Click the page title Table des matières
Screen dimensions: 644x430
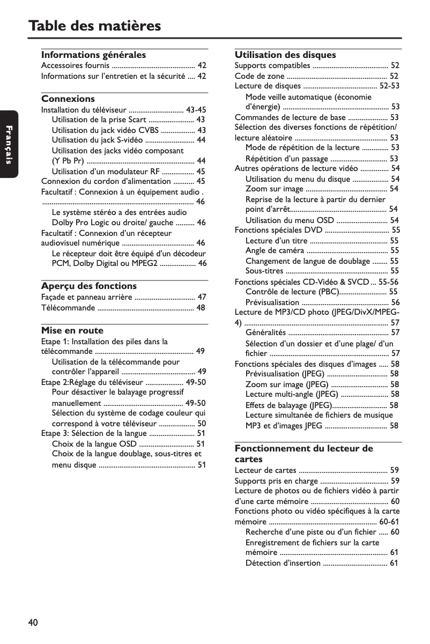point(94,25)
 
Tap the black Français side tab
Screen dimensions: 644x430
point(9,144)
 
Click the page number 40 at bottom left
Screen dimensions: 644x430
point(33,622)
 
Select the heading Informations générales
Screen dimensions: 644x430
point(93,55)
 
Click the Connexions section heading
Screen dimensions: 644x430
point(68,99)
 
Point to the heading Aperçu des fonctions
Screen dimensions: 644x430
point(88,286)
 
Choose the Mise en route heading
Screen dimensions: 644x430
point(72,330)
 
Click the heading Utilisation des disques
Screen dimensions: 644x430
point(285,55)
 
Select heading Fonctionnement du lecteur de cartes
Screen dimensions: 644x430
point(303,454)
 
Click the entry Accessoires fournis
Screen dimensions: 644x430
point(75,66)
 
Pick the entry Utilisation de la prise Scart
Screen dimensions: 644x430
point(99,120)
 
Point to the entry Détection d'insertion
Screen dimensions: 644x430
point(283,562)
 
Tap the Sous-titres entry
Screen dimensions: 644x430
point(264,271)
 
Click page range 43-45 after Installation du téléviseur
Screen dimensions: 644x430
point(196,110)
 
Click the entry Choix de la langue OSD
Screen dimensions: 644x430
point(94,443)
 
